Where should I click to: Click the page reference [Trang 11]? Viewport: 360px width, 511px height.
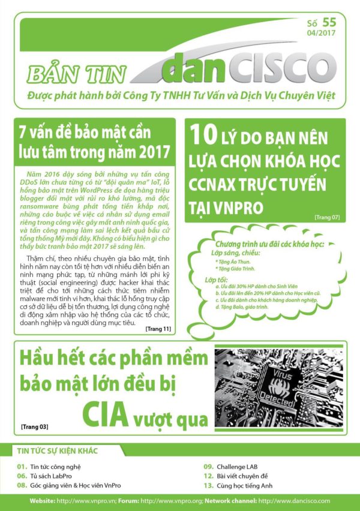click(x=158, y=329)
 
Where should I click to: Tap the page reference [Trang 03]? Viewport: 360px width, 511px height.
click(x=34, y=427)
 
